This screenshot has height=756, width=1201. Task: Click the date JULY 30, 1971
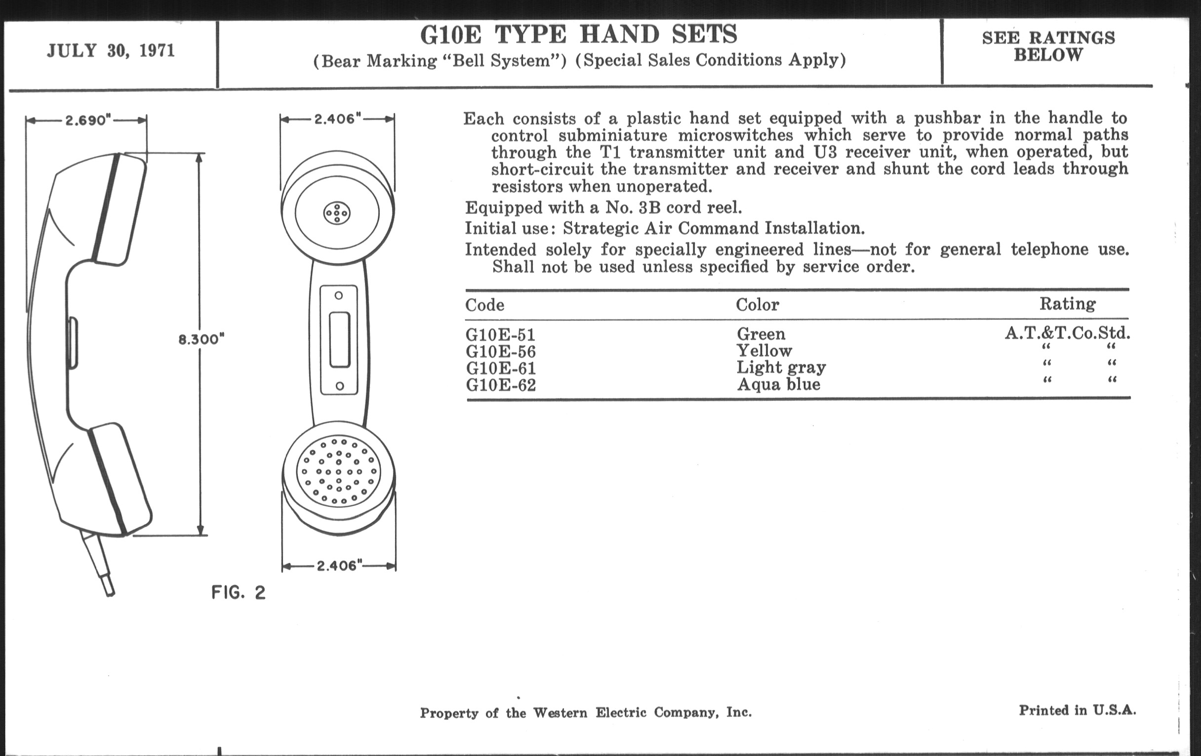pos(111,51)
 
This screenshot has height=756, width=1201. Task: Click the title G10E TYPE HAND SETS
pos(579,35)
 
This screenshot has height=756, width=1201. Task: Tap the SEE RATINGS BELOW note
pos(1048,46)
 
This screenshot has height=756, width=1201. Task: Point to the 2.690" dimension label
pos(87,120)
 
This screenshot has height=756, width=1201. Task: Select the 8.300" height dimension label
pos(201,339)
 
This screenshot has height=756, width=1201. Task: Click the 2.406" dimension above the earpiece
pos(338,119)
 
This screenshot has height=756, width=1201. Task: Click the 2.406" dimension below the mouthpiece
pos(339,565)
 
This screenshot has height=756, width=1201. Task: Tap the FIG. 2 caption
pos(239,592)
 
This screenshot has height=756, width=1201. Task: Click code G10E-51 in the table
pos(500,335)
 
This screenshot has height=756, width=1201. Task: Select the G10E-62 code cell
pos(501,385)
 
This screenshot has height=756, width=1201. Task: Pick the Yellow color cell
pos(764,351)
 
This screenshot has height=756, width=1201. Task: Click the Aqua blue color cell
pos(779,384)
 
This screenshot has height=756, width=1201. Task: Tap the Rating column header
pos(1067,304)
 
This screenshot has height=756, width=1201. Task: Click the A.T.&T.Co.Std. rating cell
pos(1067,333)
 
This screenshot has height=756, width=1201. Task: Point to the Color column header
pos(757,304)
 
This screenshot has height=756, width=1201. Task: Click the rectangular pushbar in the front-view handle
pos(340,340)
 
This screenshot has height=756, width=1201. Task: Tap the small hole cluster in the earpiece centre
pos(337,213)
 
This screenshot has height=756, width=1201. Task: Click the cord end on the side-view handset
pos(110,593)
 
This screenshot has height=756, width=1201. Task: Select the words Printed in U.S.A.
pos(1078,710)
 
